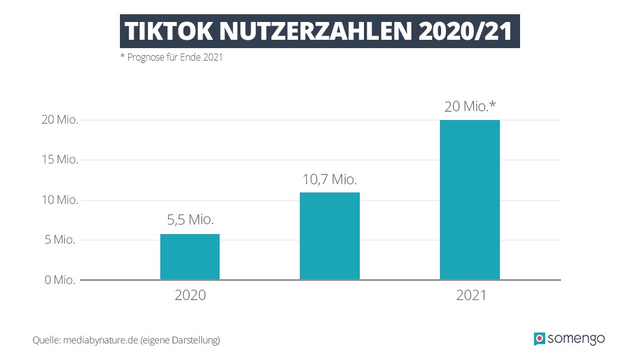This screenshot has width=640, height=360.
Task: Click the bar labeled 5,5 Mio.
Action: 190,257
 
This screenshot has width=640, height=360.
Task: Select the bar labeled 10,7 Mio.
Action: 329,236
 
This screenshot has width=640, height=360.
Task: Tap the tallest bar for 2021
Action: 470,200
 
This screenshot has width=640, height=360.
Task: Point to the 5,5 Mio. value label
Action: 190,219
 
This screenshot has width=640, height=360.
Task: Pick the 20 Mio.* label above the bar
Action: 470,107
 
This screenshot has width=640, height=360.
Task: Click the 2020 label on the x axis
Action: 190,295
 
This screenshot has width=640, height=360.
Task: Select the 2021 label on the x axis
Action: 471,295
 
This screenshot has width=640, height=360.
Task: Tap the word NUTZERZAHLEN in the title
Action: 311,32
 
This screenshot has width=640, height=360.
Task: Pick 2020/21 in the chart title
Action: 465,32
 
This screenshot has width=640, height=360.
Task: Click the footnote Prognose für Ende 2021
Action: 172,58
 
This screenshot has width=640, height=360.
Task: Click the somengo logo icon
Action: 539,339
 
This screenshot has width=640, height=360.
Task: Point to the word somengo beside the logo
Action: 576,339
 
